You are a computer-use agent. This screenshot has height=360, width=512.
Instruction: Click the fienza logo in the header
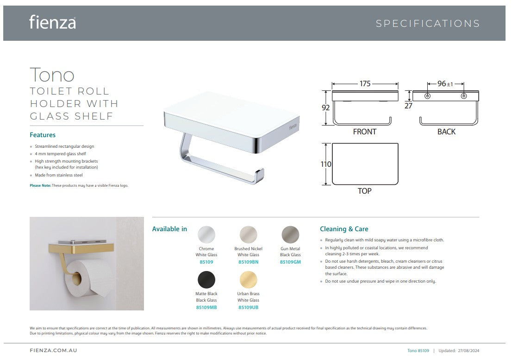tap(53, 22)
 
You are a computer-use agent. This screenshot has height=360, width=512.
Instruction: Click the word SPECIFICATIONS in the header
tap(428, 24)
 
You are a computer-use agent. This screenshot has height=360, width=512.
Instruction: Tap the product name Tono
tap(52, 75)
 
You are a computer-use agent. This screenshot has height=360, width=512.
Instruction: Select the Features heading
tap(43, 135)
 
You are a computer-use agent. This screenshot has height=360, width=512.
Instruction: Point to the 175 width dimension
tap(365, 84)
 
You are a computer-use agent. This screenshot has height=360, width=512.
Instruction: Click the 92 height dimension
tap(325, 107)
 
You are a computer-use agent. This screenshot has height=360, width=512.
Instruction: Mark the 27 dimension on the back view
tap(408, 106)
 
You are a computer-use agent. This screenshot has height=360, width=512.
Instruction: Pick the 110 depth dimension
tap(326, 164)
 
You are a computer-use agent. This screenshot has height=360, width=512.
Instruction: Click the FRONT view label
tap(365, 132)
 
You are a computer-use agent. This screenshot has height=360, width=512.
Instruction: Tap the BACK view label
tap(446, 132)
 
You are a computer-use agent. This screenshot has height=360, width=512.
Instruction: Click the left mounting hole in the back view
tap(427, 96)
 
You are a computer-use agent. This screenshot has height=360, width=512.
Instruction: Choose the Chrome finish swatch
tap(206, 234)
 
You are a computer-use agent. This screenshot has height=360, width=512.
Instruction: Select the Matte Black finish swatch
tap(206, 280)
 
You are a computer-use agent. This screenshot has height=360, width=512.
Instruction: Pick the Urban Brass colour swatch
tap(249, 280)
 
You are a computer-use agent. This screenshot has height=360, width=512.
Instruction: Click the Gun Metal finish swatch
tap(290, 234)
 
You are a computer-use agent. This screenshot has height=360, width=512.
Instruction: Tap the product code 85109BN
tap(248, 262)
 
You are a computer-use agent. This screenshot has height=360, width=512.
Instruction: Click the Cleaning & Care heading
tap(344, 229)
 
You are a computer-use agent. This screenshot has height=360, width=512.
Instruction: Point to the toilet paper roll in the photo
tap(88, 277)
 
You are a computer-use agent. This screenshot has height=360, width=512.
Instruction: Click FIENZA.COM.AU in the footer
tap(54, 351)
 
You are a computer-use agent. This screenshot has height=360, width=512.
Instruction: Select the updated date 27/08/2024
tap(468, 351)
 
